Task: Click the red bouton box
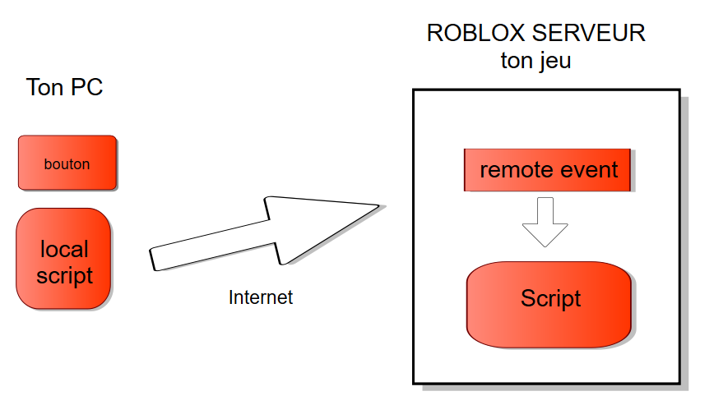pos(67,163)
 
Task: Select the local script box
pos(63,259)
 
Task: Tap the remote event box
pos(548,170)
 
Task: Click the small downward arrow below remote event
pos(545,221)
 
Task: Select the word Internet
pos(260,297)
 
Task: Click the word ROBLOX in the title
pos(473,34)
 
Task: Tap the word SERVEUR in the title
pos(589,34)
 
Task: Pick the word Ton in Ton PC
pos(44,87)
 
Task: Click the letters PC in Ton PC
pos(87,87)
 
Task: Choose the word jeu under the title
pos(554,62)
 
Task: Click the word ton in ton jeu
pos(515,62)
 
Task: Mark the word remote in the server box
pos(516,170)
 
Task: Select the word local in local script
pos(64,248)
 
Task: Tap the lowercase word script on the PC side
pos(64,276)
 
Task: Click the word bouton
pos(67,163)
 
